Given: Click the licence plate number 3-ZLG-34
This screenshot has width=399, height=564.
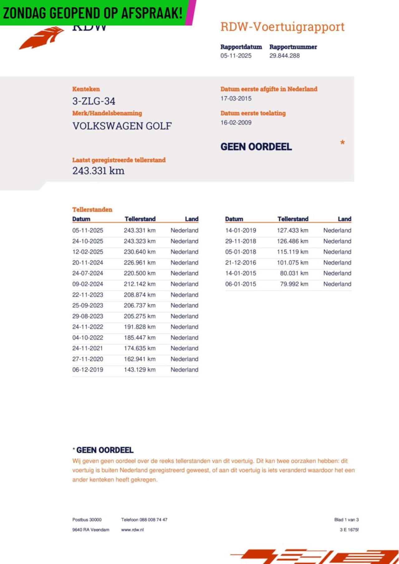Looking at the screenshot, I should click(x=94, y=101).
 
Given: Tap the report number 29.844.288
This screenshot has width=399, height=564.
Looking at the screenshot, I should click(x=284, y=56).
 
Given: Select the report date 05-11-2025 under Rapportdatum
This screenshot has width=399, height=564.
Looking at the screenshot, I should click(x=236, y=56).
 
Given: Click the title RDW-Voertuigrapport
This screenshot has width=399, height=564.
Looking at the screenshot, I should click(x=282, y=27).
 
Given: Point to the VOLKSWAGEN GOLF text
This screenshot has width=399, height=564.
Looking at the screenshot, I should click(x=122, y=126).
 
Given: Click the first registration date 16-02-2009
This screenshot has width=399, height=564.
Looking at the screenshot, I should click(x=236, y=123).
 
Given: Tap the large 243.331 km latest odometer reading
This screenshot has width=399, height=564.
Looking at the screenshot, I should click(x=98, y=171).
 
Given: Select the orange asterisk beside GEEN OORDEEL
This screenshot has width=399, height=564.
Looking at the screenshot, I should click(x=342, y=143).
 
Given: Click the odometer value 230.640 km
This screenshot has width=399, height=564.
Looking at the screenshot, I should click(x=139, y=252).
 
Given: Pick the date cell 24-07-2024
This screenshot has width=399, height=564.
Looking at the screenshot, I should click(x=88, y=273).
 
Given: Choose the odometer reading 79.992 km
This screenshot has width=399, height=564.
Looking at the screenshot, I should click(x=294, y=284).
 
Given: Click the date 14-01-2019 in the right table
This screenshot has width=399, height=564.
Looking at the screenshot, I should click(x=241, y=230).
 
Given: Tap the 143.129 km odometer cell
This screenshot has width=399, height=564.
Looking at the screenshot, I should click(x=139, y=370).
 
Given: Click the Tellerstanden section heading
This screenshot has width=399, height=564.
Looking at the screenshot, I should click(x=92, y=209).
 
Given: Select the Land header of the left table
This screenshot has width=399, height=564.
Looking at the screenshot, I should click(x=191, y=219).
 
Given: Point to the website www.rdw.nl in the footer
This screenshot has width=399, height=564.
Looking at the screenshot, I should click(x=132, y=529).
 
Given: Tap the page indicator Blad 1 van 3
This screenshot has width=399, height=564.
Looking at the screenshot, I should click(x=346, y=519).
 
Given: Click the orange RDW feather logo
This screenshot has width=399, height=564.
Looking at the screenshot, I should click(x=42, y=38).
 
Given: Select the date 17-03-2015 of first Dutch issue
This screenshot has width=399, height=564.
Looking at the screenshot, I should click(x=236, y=98).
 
